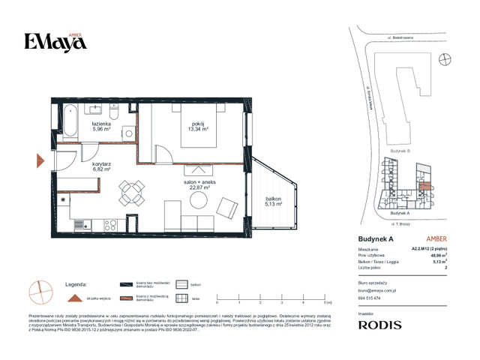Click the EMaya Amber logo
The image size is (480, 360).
click(x=54, y=42)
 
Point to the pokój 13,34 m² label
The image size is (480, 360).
click(x=198, y=125)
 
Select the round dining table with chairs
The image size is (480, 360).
click(x=133, y=194)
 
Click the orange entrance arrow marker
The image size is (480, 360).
click(x=40, y=160)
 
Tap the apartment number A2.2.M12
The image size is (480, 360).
click(x=426, y=249)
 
